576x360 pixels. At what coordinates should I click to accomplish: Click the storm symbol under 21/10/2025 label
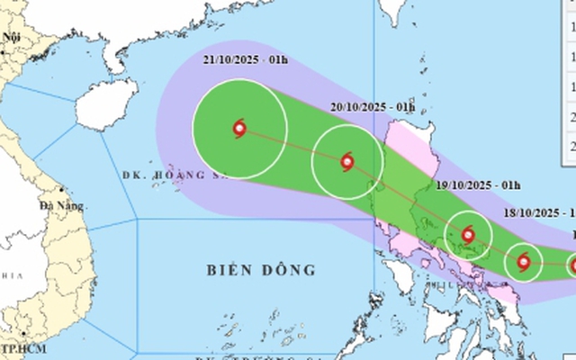[239, 128]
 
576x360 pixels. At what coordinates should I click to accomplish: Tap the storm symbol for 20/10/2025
[347, 162]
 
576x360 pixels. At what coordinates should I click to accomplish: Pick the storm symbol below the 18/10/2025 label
[524, 263]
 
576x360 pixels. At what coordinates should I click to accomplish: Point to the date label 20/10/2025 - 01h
[373, 106]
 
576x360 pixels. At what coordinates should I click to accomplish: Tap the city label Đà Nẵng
[61, 206]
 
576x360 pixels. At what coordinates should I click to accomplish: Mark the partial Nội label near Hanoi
[12, 37]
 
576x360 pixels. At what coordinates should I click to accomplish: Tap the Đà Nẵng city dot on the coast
[60, 190]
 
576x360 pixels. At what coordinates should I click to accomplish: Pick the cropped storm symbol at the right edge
[572, 265]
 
